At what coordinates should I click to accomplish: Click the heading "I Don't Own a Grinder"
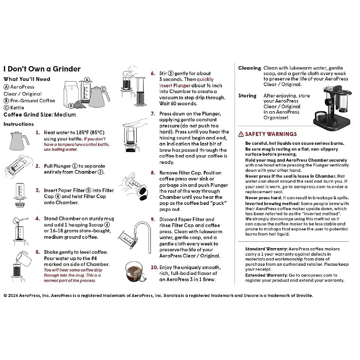[x=42, y=69]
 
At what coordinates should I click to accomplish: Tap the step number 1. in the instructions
[x=38, y=132]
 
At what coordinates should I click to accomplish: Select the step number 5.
[x=38, y=252]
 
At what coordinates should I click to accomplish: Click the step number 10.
[x=154, y=267]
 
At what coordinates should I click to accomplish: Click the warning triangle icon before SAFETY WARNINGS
[x=241, y=134]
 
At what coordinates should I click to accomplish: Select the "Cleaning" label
[x=250, y=68]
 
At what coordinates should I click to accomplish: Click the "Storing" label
[x=247, y=96]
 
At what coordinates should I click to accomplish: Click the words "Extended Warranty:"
[x=266, y=275]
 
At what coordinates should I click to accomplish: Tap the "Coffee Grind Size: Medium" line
[x=40, y=115]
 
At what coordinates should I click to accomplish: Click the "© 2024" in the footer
[x=11, y=295]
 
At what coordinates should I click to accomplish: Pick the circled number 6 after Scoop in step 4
[x=107, y=225]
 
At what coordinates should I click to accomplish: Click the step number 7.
[x=153, y=114]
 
